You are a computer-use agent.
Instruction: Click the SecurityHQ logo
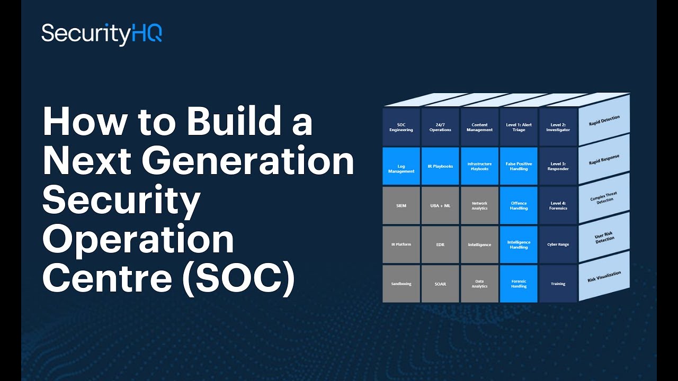(x=102, y=34)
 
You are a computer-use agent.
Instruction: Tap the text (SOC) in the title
(x=238, y=279)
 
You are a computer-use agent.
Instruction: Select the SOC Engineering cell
(x=401, y=128)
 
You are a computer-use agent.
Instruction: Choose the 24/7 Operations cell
(x=440, y=128)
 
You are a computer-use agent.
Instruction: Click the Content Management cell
(x=479, y=128)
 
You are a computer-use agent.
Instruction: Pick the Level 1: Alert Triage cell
(x=519, y=128)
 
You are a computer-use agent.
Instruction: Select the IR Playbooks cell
(x=440, y=167)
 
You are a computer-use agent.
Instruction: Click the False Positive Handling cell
(x=519, y=167)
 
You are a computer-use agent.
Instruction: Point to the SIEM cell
(x=401, y=206)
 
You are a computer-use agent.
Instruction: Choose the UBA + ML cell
(x=440, y=206)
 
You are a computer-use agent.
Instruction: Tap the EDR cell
(x=440, y=244)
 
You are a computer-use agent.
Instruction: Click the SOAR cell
(x=440, y=284)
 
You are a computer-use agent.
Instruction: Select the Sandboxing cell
(x=401, y=284)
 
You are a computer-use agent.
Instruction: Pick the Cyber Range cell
(x=558, y=244)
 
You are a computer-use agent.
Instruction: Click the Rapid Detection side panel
(x=604, y=121)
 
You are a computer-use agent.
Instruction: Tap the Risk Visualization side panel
(x=604, y=277)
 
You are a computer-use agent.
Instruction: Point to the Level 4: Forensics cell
(x=558, y=206)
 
